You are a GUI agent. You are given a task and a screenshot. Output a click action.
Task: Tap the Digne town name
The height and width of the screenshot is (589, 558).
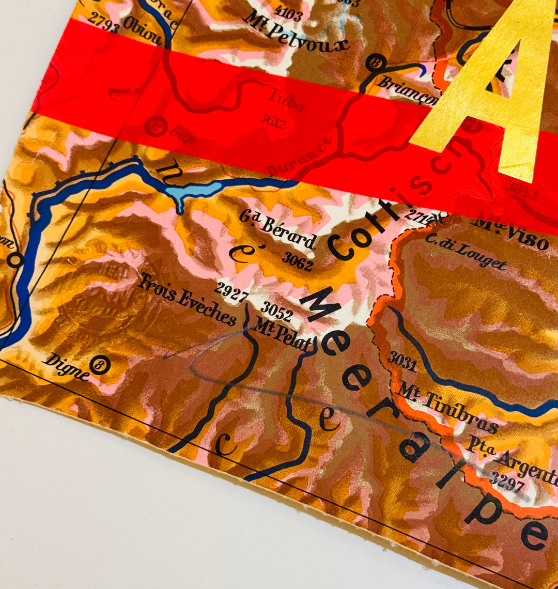[x=66, y=366]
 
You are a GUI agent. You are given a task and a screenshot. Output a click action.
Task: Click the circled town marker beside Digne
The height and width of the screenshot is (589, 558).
[x=99, y=365]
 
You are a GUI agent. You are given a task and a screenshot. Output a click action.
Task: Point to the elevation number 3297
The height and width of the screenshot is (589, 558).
[x=507, y=482]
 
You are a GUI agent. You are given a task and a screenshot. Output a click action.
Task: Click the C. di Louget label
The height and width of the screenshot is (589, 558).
[x=466, y=252]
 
